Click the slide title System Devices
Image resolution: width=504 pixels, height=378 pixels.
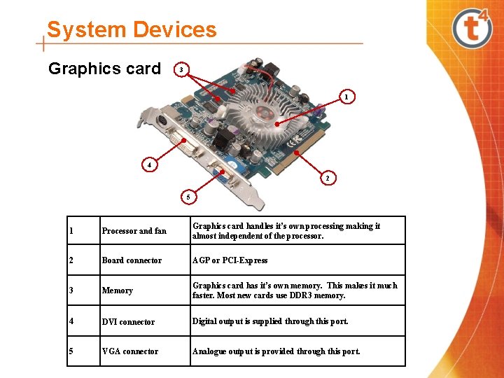(132, 30)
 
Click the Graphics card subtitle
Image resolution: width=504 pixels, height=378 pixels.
(104, 69)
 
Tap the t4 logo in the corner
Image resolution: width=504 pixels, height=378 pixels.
(472, 27)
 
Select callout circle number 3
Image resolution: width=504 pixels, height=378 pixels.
(181, 70)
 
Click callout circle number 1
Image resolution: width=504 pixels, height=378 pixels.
(348, 97)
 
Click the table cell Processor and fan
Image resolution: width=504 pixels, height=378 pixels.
(134, 231)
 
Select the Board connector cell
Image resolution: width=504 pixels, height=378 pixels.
(132, 260)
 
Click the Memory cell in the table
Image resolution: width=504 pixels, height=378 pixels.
(117, 290)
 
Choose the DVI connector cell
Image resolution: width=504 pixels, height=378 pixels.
(128, 322)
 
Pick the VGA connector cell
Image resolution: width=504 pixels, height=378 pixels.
(130, 351)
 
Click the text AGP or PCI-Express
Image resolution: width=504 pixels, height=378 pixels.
(230, 260)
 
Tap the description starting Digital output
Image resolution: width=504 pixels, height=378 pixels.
(270, 321)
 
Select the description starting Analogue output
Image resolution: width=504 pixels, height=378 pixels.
(276, 351)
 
